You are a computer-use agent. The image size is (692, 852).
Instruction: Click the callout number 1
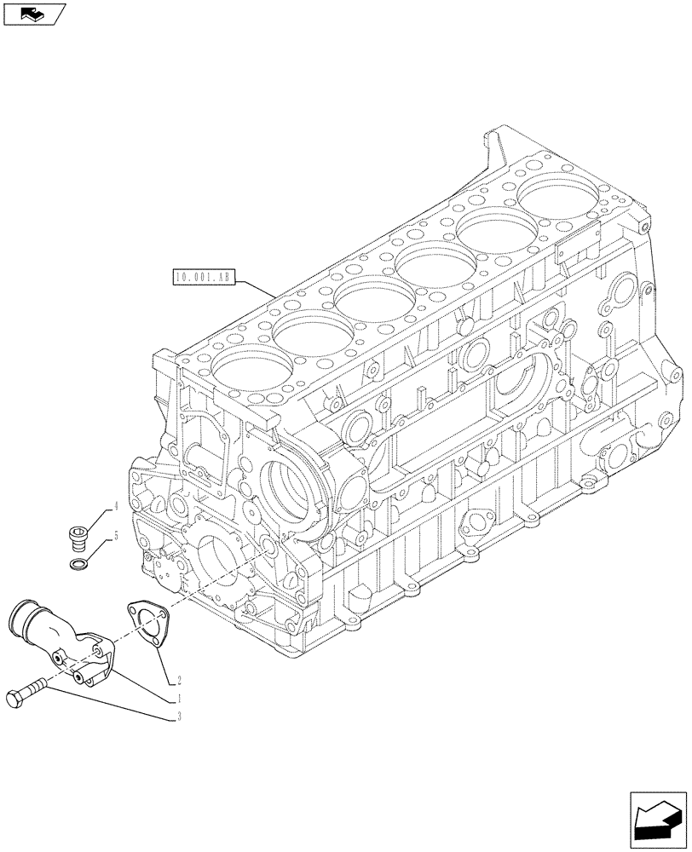180,698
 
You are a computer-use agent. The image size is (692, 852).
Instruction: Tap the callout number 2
180,680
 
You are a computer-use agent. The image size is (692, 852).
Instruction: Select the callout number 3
180,717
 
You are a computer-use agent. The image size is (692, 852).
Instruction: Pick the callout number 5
114,537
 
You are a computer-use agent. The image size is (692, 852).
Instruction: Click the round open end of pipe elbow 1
25,615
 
